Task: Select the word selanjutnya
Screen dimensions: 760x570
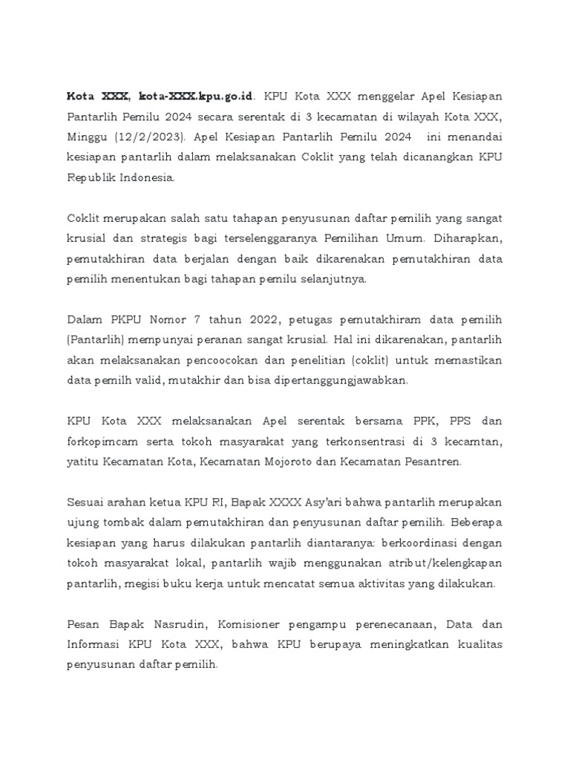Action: tap(327, 280)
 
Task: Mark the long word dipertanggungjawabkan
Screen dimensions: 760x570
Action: tap(346, 381)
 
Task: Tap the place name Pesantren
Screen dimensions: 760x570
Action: tap(430, 462)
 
